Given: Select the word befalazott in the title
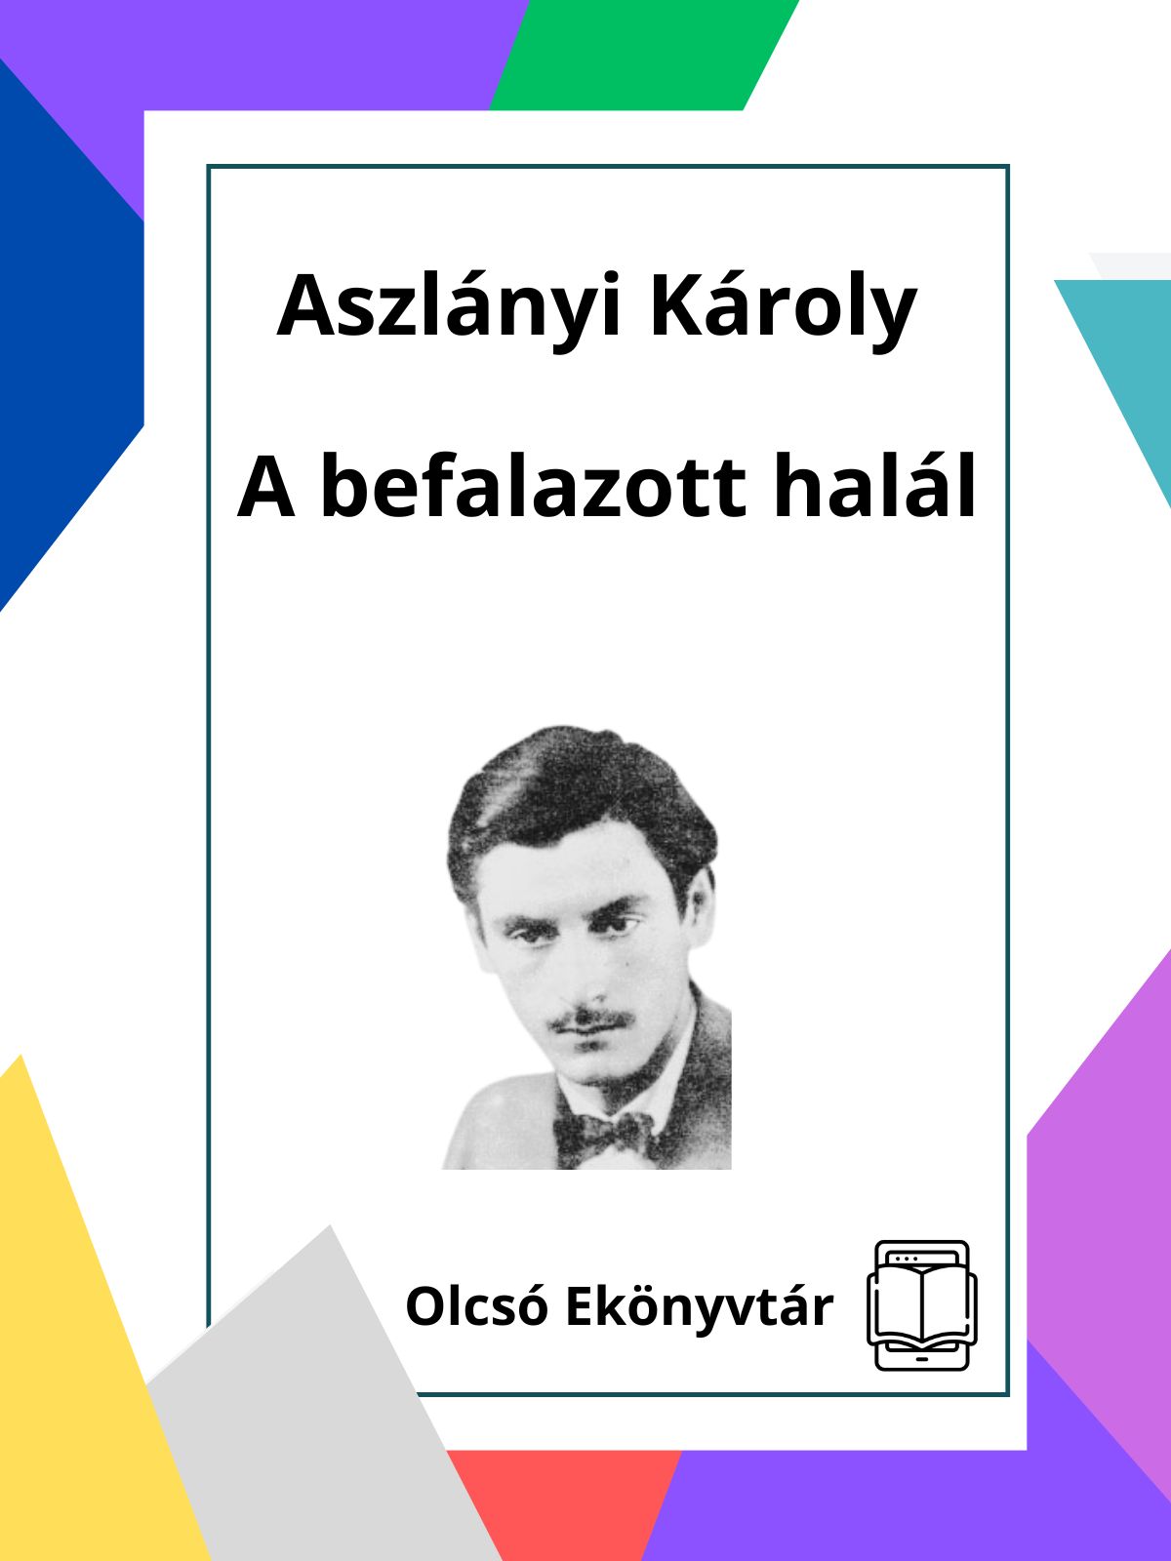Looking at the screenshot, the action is point(534,487).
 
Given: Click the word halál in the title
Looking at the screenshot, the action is point(875,487).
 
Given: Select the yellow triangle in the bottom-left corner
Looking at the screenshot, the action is point(85,1351).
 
